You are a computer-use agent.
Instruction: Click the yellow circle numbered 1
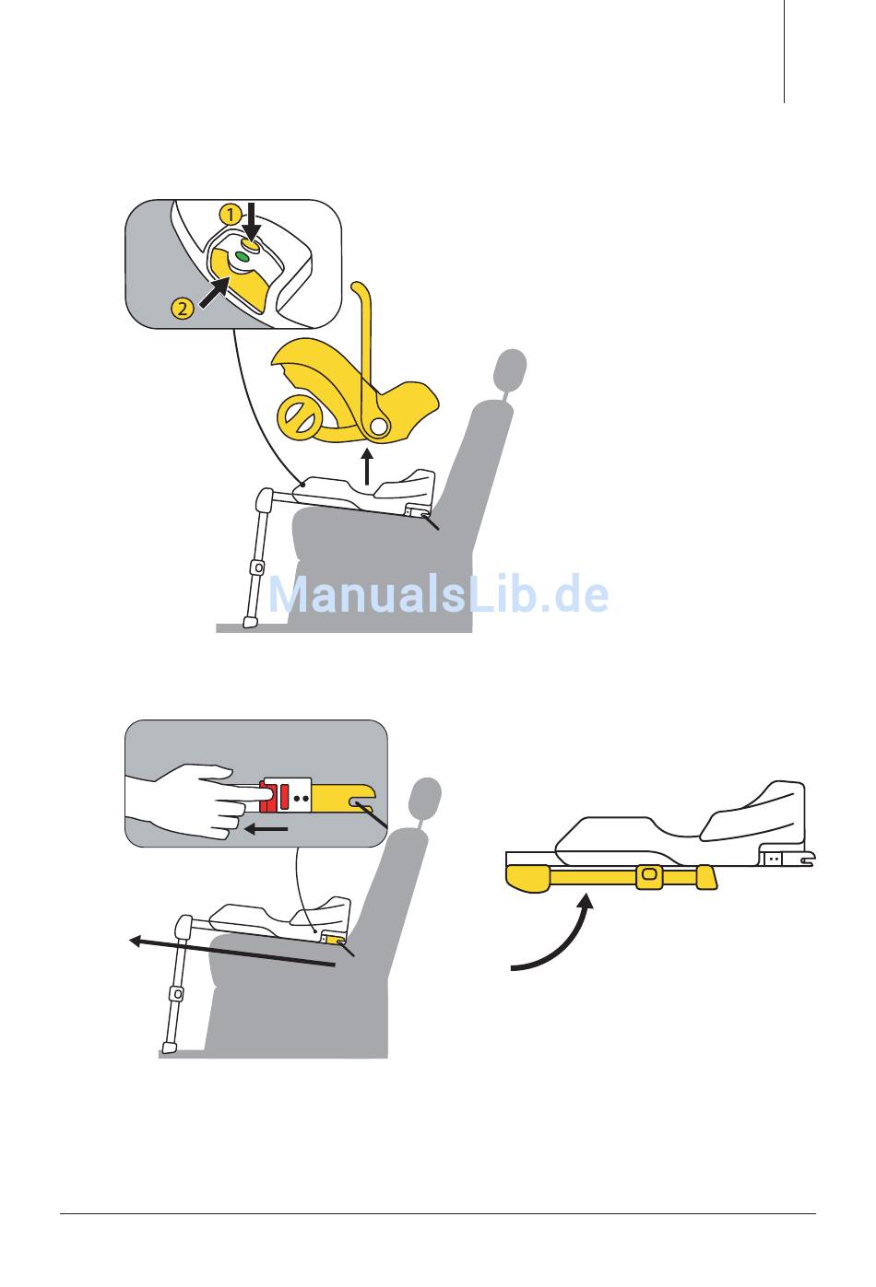(x=231, y=215)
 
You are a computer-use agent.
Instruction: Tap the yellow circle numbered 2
(x=183, y=309)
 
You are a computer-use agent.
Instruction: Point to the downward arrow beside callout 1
(x=251, y=221)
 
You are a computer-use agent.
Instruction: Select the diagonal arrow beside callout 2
(x=215, y=291)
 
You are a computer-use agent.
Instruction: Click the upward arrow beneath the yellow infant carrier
(x=367, y=467)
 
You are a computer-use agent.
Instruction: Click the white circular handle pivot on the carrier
(x=378, y=426)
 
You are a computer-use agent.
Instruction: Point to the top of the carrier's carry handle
(x=359, y=286)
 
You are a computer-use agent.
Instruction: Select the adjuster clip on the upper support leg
(x=257, y=567)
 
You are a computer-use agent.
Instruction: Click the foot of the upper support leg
(x=250, y=622)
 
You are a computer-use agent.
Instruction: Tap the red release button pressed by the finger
(x=274, y=796)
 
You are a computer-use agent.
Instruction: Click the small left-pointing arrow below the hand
(x=266, y=829)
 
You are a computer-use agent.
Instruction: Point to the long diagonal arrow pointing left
(x=231, y=953)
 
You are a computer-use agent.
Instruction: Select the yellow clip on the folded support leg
(x=648, y=874)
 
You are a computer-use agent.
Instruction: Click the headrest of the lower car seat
(x=427, y=796)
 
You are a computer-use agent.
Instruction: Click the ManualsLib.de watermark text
(x=438, y=594)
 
